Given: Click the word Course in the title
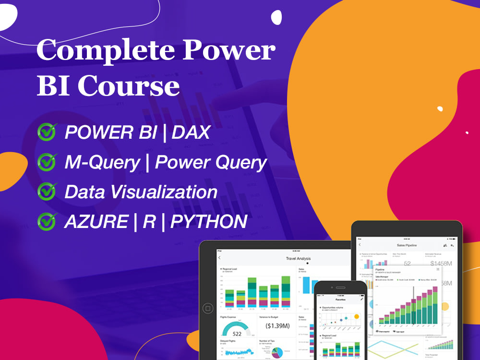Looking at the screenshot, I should pos(129,87).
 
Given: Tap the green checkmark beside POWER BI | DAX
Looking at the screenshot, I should pos(47,132).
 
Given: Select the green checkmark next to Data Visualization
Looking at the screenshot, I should pos(47,192).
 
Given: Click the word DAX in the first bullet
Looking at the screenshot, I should pos(191,132).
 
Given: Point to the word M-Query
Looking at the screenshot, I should pos(102,163).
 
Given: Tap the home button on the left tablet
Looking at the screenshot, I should pos(208,308).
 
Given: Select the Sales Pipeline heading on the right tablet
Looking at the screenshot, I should pos(407,245).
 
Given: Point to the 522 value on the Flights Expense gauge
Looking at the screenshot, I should pos(237,333).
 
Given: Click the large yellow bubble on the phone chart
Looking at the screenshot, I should pos(356,316).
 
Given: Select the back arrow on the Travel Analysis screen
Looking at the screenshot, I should pos(219,258).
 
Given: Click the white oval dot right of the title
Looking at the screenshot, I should pos(276,17).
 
